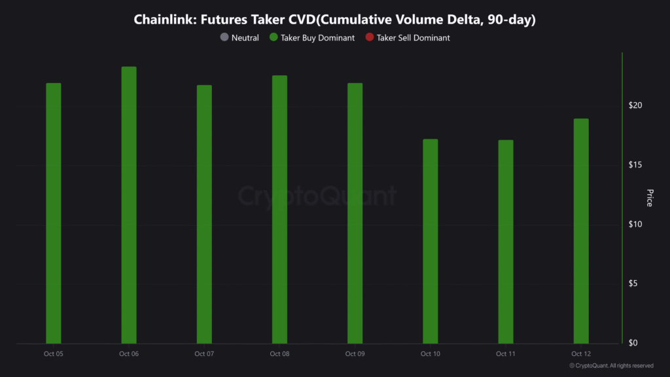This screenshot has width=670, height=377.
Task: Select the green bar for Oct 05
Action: pyautogui.click(x=54, y=213)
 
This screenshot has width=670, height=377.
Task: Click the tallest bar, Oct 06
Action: pyautogui.click(x=129, y=205)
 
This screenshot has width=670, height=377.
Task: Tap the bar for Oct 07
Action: pyautogui.click(x=204, y=214)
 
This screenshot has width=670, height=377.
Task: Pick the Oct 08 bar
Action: pyautogui.click(x=279, y=209)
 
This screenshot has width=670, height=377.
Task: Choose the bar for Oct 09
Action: pyautogui.click(x=355, y=213)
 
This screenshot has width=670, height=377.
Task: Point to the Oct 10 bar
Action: pyautogui.click(x=430, y=241)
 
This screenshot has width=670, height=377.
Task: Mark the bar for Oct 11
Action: pyautogui.click(x=505, y=242)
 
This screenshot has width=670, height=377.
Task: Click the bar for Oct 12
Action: pyautogui.click(x=581, y=230)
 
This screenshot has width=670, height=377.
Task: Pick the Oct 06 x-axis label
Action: pyautogui.click(x=129, y=354)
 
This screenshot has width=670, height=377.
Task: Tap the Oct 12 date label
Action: pyautogui.click(x=581, y=354)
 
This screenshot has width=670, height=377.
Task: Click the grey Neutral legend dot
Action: pyautogui.click(x=224, y=38)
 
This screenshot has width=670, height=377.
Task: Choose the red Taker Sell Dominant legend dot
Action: pyautogui.click(x=370, y=38)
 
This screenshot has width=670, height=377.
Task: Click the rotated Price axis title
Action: pyautogui.click(x=649, y=198)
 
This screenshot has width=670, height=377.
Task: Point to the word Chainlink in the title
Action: pyautogui.click(x=166, y=20)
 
